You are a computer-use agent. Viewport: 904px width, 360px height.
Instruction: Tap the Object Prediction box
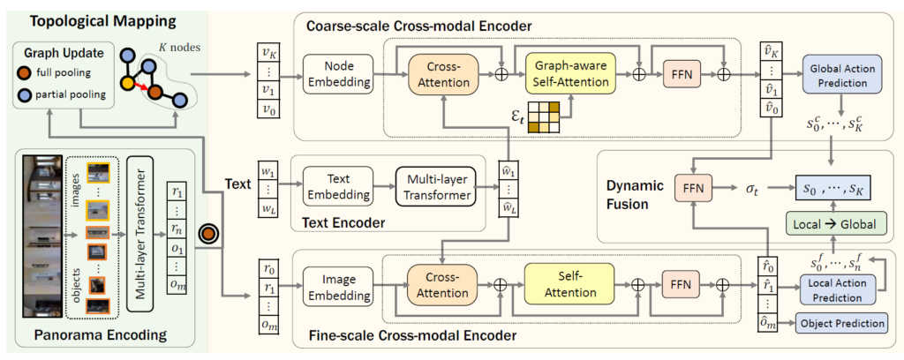pyautogui.click(x=842, y=323)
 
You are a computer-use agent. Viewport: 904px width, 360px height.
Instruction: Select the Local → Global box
pyautogui.click(x=835, y=223)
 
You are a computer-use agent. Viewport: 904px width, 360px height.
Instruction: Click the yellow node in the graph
pyautogui.click(x=130, y=82)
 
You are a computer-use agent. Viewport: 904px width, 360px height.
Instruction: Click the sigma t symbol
pyautogui.click(x=751, y=188)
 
